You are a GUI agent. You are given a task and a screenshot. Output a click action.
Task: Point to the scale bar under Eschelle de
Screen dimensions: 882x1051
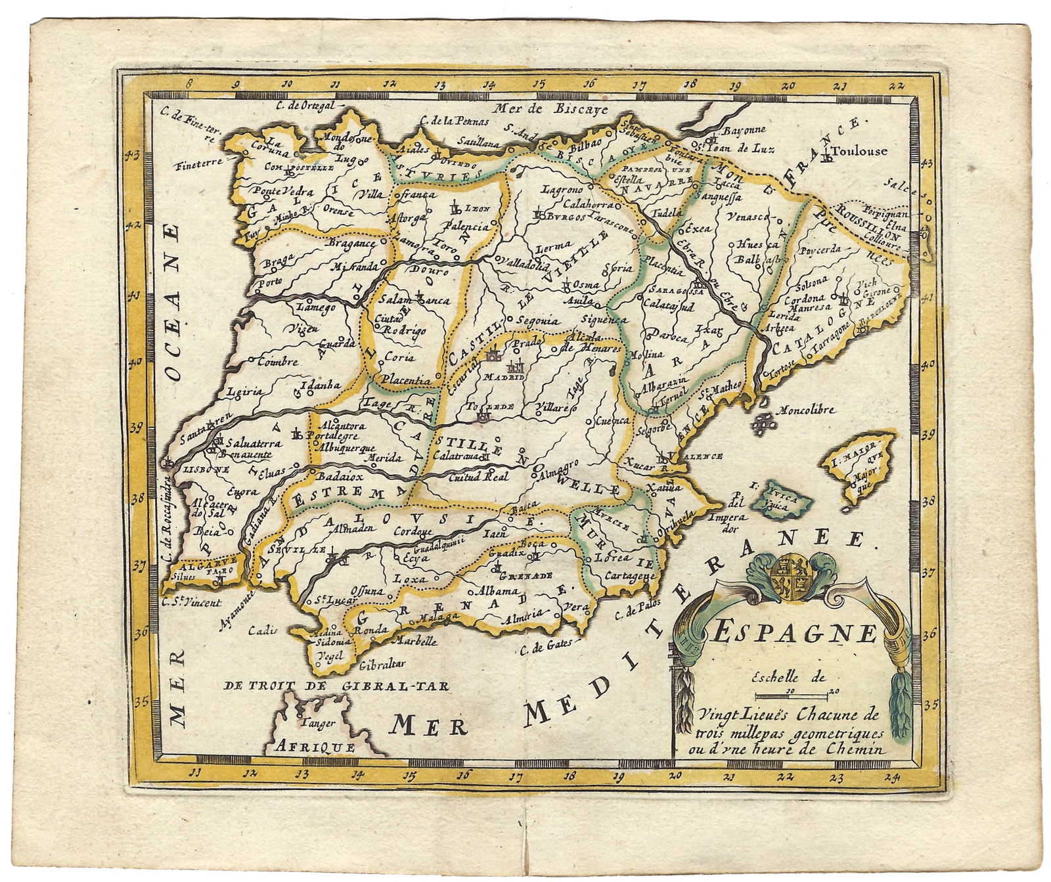[x=795, y=694]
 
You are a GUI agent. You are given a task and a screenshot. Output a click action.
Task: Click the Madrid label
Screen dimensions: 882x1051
[x=504, y=378]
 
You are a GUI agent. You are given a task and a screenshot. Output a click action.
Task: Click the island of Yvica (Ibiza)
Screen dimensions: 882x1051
[x=783, y=503]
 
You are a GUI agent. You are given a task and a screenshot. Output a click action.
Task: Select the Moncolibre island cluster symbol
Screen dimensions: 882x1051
[x=762, y=424]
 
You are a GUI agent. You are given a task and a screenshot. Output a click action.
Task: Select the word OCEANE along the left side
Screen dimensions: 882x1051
[x=173, y=302]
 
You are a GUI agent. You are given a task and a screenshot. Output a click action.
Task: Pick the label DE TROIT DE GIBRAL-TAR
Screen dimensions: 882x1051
[x=336, y=686]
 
